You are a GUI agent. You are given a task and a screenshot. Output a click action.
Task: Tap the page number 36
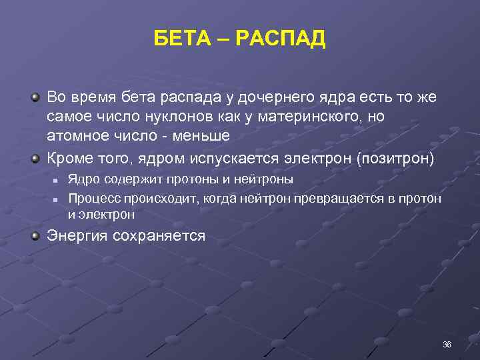(446, 344)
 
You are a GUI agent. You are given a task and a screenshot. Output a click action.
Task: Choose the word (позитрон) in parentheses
(395, 159)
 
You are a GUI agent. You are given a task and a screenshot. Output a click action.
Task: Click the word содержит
(125, 180)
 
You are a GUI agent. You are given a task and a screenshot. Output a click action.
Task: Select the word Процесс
(91, 198)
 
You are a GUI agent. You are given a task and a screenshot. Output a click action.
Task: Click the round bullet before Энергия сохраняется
(35, 235)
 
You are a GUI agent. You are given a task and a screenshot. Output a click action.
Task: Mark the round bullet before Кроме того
(35, 158)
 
